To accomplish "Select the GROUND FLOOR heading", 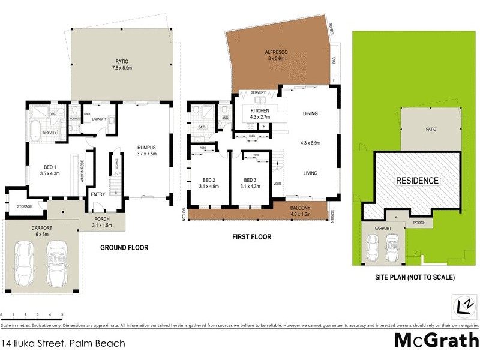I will (x=124, y=247).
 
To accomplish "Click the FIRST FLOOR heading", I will (x=251, y=237).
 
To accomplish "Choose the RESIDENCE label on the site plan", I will (x=417, y=181).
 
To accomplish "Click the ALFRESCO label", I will (x=277, y=53).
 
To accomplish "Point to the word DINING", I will (x=310, y=113).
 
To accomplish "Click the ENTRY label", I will (x=97, y=194).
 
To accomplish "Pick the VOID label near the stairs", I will (x=277, y=184).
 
